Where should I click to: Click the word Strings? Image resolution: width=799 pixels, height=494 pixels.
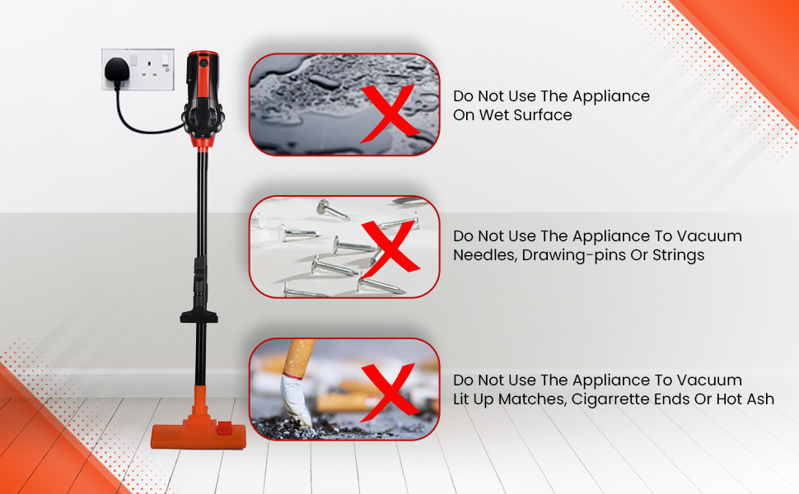click(677, 255)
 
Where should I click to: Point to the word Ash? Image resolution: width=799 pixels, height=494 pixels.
click(759, 399)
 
